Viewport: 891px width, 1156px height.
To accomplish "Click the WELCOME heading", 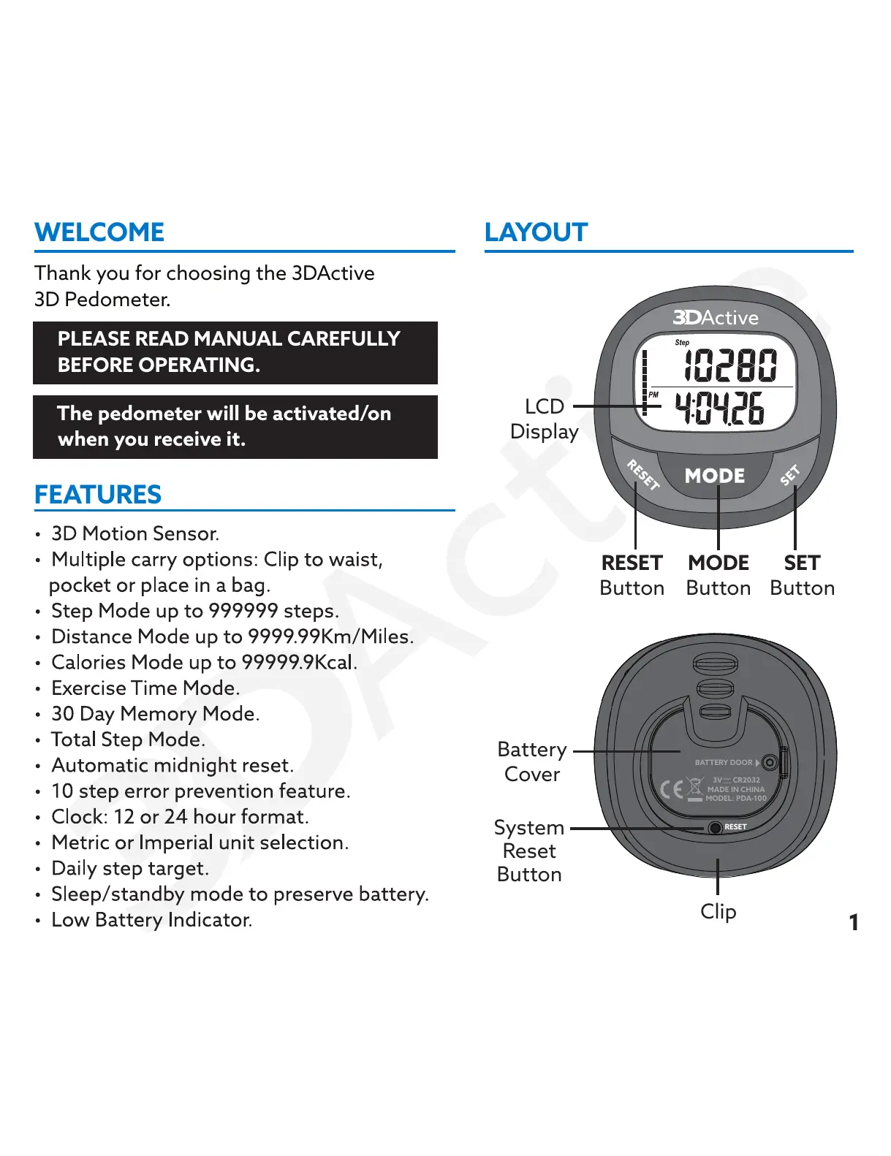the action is (x=99, y=232).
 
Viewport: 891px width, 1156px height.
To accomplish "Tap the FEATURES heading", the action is (x=98, y=495).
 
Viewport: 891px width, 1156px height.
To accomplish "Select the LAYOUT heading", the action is (x=536, y=232).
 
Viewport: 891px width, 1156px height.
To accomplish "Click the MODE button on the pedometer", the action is (x=715, y=476).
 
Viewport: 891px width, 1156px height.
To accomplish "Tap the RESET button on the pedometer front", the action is (x=643, y=474).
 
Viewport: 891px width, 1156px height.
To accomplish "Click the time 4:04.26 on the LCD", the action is (x=719, y=408).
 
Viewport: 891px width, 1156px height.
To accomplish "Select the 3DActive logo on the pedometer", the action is (x=716, y=318).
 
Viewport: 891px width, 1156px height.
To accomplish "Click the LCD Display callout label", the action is (x=545, y=419).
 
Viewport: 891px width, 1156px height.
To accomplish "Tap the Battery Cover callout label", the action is (x=532, y=761).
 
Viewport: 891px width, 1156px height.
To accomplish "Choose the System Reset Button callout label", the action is (x=530, y=851).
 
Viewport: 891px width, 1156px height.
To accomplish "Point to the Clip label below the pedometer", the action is (x=719, y=911).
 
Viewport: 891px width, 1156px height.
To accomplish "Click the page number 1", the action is (x=853, y=922).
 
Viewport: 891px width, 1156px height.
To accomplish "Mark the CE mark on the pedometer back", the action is (x=672, y=789).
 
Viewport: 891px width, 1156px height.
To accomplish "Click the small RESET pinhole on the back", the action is (x=716, y=827).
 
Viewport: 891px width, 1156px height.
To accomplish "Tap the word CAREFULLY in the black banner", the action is (x=344, y=339).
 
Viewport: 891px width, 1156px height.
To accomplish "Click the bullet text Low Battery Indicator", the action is (x=151, y=920).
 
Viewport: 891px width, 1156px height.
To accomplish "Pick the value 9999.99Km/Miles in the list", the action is (x=330, y=636).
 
